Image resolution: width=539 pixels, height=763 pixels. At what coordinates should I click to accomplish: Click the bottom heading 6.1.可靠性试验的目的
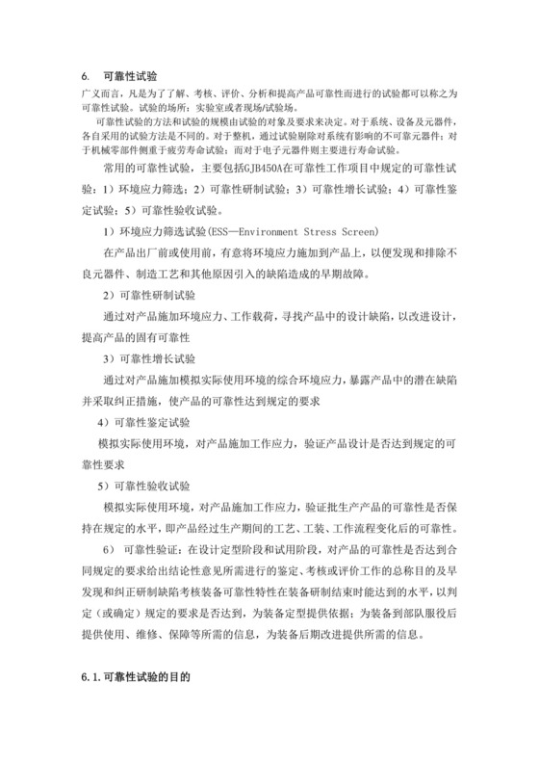135,677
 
